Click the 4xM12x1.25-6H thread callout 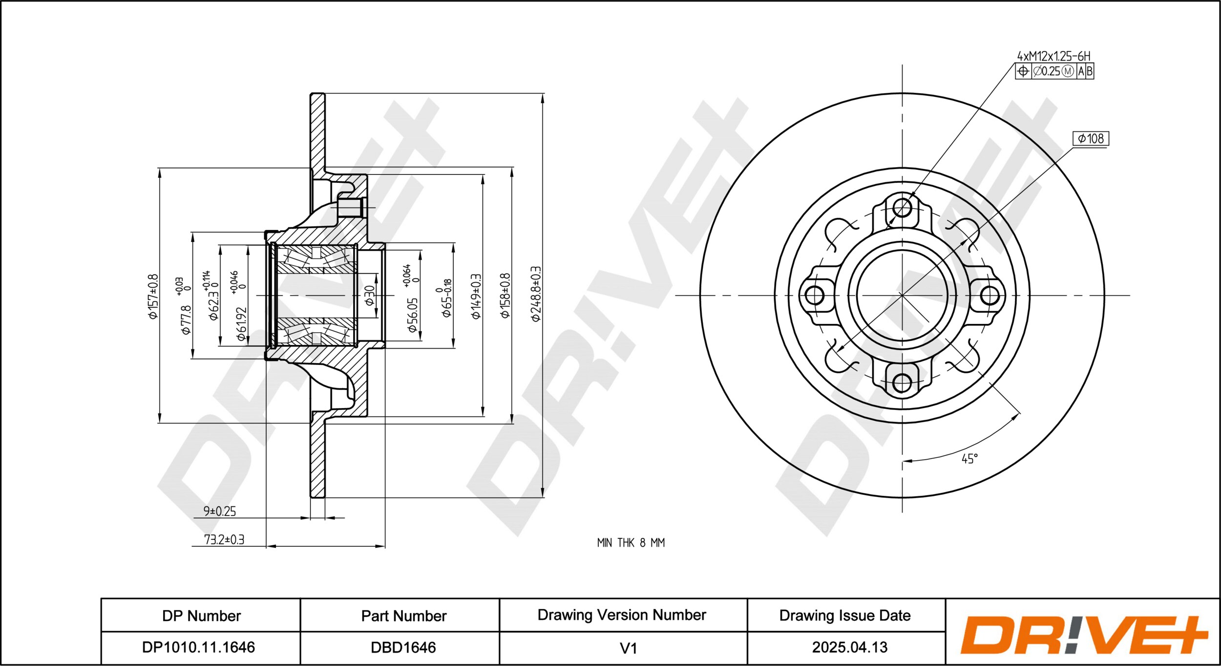click(1053, 56)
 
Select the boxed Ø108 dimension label click(1091, 139)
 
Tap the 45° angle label click(970, 459)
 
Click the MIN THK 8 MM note click(631, 542)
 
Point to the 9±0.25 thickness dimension click(220, 511)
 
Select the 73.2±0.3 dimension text click(224, 539)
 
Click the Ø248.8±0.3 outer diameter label click(536, 294)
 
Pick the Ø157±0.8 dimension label click(153, 297)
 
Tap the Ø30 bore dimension click(370, 295)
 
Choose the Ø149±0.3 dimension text click(476, 297)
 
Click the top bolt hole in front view click(902, 208)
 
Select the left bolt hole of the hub click(814, 295)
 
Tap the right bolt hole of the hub click(990, 295)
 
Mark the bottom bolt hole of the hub click(902, 383)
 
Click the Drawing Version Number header click(622, 615)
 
